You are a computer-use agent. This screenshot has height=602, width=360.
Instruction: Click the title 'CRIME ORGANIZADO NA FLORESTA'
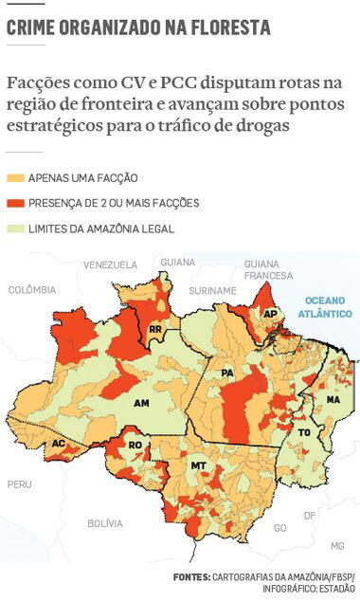tap(138, 29)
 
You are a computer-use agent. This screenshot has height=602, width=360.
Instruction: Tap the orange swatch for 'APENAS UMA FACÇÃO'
tap(16, 177)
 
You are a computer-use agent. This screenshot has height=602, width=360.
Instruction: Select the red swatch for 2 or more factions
tap(16, 203)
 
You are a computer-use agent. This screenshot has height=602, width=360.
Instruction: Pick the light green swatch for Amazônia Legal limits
tap(16, 228)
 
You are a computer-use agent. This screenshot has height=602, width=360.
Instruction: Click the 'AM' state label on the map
tap(142, 404)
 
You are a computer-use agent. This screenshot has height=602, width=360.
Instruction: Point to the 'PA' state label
tap(227, 374)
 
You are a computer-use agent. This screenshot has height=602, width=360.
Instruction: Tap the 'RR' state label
tap(155, 329)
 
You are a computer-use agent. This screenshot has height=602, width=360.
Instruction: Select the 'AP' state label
tap(270, 314)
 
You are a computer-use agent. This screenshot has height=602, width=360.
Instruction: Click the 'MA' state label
tap(333, 400)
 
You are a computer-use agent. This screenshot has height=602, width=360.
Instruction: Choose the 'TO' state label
tap(304, 432)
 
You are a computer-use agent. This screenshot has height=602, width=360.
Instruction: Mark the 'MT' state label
tap(199, 465)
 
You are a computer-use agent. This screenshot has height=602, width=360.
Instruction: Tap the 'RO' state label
tap(135, 445)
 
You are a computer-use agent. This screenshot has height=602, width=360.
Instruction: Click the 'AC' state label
tap(59, 444)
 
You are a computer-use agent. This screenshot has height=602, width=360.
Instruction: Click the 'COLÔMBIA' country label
tap(31, 290)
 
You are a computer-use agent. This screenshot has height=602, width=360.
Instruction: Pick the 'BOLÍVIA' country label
tap(105, 522)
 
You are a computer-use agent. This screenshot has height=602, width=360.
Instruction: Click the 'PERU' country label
tap(19, 483)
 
